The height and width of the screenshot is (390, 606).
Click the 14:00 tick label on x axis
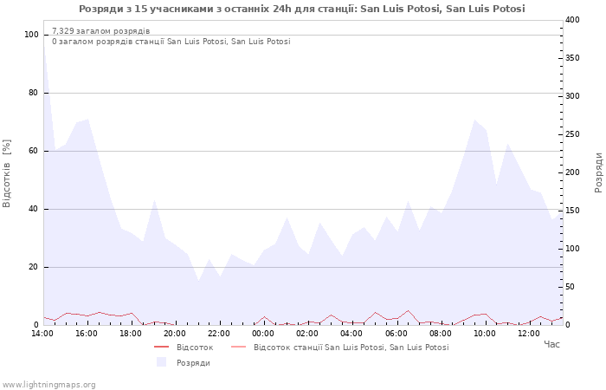click(x=42, y=333)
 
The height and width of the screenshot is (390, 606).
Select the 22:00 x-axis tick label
click(x=219, y=333)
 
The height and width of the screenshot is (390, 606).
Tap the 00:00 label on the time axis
click(x=263, y=333)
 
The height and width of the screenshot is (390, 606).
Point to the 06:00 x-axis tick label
click(x=396, y=333)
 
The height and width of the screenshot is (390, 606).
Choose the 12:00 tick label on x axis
click(x=528, y=333)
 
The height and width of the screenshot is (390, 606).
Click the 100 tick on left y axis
click(x=32, y=35)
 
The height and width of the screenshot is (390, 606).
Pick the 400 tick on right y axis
click(x=573, y=20)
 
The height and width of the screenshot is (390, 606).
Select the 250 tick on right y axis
click(x=573, y=134)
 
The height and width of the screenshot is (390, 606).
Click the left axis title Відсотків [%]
click(x=8, y=173)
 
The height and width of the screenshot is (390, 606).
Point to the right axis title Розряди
click(x=598, y=172)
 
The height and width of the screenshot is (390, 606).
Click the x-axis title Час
click(x=551, y=345)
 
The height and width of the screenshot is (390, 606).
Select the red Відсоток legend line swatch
click(x=161, y=348)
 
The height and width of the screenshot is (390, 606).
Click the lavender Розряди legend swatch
click(x=161, y=362)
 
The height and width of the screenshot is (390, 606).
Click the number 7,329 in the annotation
click(x=63, y=31)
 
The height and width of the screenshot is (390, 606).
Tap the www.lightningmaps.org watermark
click(x=49, y=384)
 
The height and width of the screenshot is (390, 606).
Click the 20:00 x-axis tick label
click(x=175, y=333)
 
